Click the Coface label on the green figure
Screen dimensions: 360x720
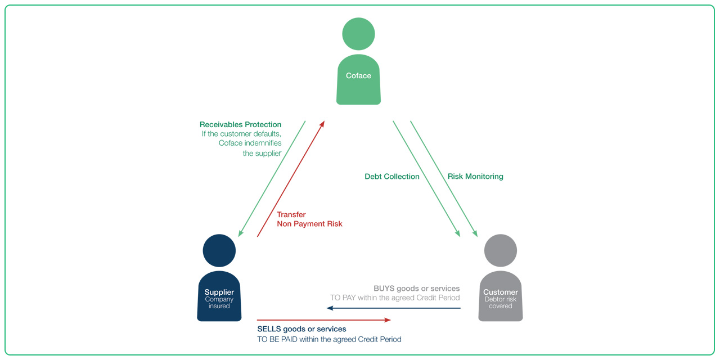click(x=358, y=76)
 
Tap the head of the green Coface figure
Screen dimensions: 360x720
click(x=358, y=34)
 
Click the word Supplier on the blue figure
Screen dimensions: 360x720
click(x=219, y=292)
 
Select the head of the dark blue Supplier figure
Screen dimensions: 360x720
click(x=219, y=251)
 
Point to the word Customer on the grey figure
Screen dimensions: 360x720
click(x=501, y=292)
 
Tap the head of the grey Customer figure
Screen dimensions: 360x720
click(x=501, y=251)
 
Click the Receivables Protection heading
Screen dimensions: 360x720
click(x=241, y=124)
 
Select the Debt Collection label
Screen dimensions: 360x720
click(x=392, y=177)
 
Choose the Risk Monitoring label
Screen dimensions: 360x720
click(x=475, y=177)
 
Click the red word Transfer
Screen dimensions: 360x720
click(x=291, y=214)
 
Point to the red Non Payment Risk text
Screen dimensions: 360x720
click(x=310, y=224)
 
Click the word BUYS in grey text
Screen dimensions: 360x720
click(x=384, y=289)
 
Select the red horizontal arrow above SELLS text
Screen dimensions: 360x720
click(x=323, y=320)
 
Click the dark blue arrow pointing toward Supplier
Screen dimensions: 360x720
click(x=394, y=308)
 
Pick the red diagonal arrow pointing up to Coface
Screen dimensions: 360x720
click(x=291, y=178)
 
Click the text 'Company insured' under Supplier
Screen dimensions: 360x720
click(x=219, y=303)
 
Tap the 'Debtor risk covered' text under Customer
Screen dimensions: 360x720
click(x=501, y=303)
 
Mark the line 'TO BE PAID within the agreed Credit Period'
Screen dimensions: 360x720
click(x=329, y=340)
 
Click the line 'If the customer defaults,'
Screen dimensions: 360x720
click(x=242, y=134)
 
